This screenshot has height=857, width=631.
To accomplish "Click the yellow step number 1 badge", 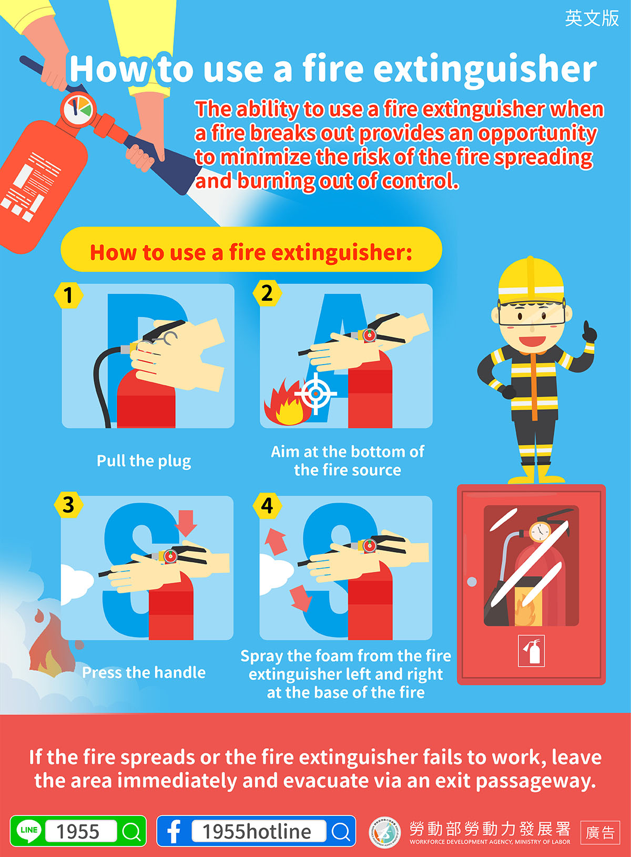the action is coord(68,295).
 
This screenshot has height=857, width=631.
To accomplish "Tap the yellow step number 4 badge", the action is coord(267,506).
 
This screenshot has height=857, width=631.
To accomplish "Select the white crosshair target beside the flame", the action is coord(315,394).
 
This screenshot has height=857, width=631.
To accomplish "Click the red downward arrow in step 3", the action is coord(186,523).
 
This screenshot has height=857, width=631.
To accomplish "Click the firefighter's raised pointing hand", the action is coord(589,332).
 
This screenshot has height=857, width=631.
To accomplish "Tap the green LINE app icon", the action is coord(29,831).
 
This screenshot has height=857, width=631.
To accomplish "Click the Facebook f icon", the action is coord(174,831).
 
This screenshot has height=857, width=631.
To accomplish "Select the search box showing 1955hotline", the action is coord(259,831).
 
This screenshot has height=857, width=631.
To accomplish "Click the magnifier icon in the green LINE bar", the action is coord(131,831).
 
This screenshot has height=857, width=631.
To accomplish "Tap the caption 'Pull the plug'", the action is coord(144,461).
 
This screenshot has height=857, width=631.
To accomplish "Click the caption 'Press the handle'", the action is coord(144,672).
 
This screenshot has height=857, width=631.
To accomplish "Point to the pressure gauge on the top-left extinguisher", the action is coord(78,108).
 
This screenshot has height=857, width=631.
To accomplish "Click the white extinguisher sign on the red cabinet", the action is coord(531,651).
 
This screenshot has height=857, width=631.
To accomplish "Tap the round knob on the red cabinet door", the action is coord(472,581).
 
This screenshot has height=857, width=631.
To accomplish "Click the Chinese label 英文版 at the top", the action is coord(592,18).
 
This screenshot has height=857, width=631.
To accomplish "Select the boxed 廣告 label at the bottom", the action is coord(600,832).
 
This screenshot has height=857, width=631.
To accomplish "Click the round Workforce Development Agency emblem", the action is coord(385,832).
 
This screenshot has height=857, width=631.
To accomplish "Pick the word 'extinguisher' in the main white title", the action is coord(485,71).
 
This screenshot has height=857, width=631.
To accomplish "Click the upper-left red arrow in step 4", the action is coord(276,541).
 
